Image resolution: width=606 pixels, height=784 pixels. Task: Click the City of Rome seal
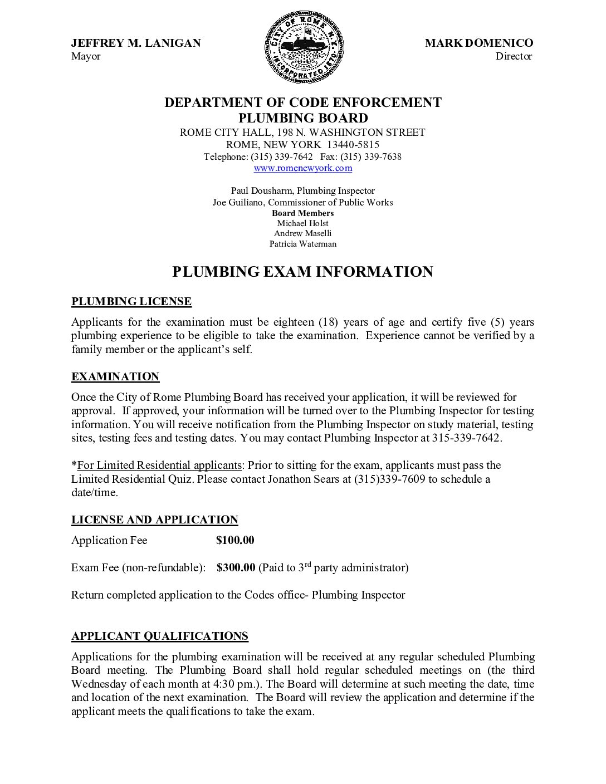pos(304,48)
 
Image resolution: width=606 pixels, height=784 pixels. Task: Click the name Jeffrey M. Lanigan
pos(136,43)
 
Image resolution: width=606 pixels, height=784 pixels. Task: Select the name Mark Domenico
pos(478,43)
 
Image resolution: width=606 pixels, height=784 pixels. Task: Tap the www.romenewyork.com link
pos(303,168)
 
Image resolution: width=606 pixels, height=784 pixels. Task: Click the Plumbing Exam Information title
pos(302,272)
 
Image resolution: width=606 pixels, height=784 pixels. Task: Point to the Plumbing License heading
pos(131,302)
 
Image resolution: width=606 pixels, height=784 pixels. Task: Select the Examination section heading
pos(115,377)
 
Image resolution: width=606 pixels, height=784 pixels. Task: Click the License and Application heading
pos(155,520)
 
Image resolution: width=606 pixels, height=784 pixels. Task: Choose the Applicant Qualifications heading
pos(160,636)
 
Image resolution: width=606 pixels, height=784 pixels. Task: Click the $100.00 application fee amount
pos(235,540)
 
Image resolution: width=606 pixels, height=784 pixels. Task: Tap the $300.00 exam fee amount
pos(236,567)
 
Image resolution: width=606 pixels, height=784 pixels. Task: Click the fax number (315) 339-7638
pos(371,157)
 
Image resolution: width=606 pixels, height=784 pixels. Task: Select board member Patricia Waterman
pos(303,244)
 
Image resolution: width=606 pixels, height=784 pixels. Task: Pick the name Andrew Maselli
pos(303,233)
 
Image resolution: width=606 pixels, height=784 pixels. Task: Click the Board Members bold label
pos(303,213)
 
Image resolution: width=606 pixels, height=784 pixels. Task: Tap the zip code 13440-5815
pos(353,145)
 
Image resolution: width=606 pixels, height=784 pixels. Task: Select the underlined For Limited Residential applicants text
pos(159,465)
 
